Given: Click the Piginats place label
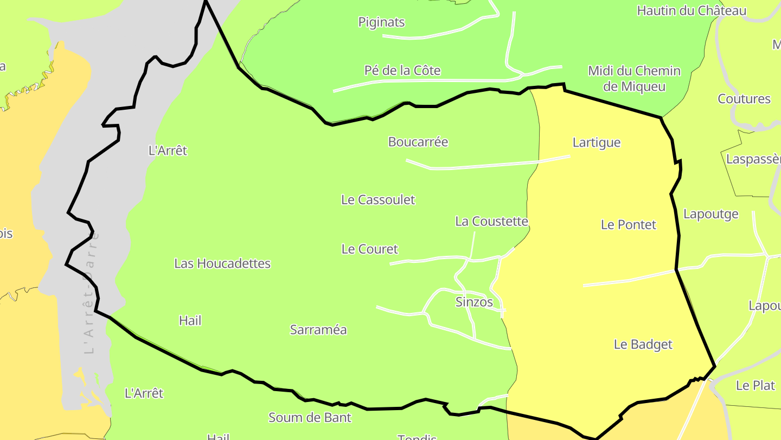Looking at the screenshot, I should [x=381, y=22].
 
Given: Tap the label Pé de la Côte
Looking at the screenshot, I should [x=402, y=71].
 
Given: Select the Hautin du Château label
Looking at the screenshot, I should [x=692, y=11].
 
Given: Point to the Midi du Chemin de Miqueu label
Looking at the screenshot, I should [x=634, y=79].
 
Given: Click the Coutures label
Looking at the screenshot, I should [x=744, y=99].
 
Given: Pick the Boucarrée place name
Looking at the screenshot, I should [x=418, y=142].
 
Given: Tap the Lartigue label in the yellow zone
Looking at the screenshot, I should [x=596, y=143].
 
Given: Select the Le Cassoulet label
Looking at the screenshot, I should [x=377, y=200].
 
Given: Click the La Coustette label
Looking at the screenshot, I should [x=491, y=222].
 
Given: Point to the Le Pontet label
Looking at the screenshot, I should [x=628, y=225].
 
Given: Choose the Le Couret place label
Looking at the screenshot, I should [x=369, y=249].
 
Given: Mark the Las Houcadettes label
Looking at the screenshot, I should [x=222, y=264].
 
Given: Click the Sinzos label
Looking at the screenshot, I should [x=474, y=303].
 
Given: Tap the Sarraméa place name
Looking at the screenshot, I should [x=318, y=330].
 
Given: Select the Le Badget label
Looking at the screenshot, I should [x=643, y=344].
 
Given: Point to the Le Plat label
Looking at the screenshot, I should [x=755, y=386].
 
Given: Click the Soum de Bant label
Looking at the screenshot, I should [x=310, y=418].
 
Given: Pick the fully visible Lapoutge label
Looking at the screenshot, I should [x=710, y=214].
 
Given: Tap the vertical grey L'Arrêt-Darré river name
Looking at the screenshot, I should [x=91, y=293].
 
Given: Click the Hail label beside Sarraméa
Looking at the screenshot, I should [x=190, y=321].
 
